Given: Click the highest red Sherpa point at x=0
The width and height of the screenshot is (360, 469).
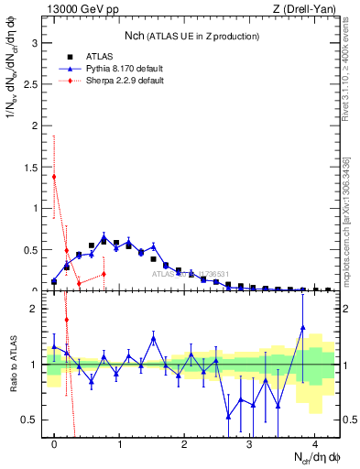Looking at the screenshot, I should (54, 177).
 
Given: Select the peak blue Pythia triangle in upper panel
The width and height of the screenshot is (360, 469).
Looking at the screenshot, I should (104, 236).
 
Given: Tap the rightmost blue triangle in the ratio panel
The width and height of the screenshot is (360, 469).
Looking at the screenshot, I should (302, 327).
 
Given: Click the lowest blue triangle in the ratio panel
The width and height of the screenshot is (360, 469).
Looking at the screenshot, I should (228, 416).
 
